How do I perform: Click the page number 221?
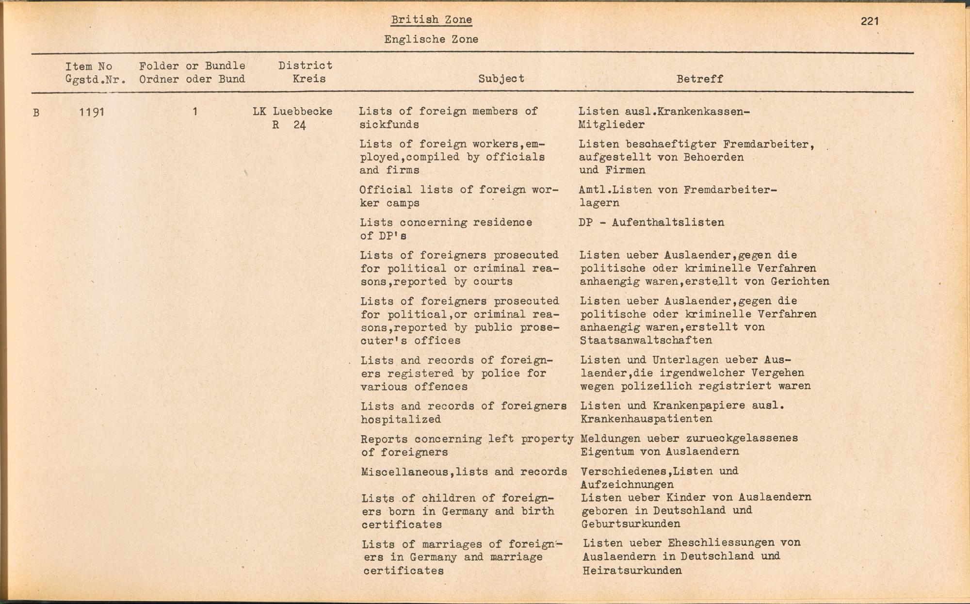pos(870,21)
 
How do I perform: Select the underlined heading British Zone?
pos(431,20)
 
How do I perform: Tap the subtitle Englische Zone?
pos(431,39)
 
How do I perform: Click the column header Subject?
pos(501,79)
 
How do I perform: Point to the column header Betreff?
pos(699,79)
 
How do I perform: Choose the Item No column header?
pos(89,66)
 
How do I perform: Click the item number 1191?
pos(92,112)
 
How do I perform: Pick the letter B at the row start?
pos(36,113)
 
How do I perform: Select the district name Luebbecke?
pos(302,112)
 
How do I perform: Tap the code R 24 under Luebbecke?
pos(289,125)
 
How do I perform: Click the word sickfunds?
pos(389,125)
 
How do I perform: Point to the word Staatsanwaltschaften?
pos(646,340)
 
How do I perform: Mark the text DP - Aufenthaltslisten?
pos(651,223)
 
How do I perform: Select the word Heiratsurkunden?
pos(632,571)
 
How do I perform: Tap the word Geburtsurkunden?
pos(630,524)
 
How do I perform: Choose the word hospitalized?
pos(401,419)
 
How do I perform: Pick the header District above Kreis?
pos(305,65)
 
